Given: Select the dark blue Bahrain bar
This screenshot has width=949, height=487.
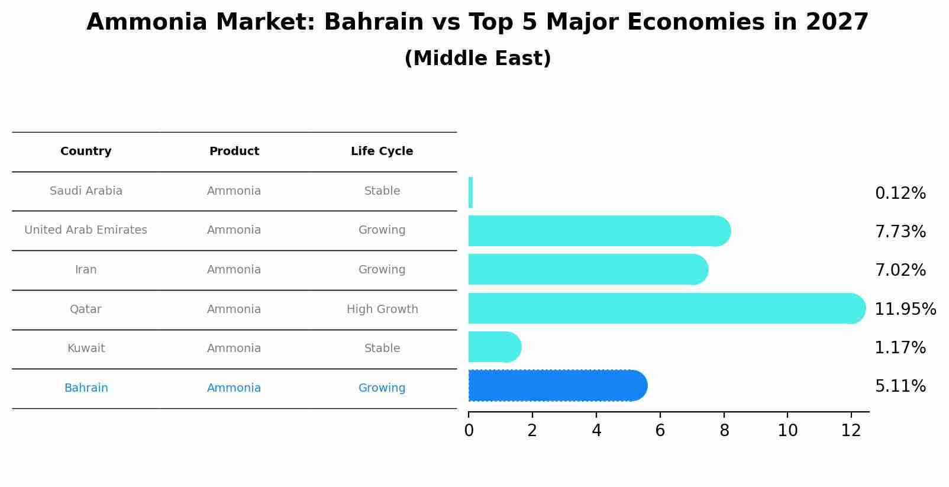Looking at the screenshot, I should pyautogui.click(x=556, y=386).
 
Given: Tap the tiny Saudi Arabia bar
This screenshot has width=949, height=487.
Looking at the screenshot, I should pyautogui.click(x=470, y=192).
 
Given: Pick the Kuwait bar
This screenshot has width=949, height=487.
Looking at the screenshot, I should pyautogui.click(x=494, y=347).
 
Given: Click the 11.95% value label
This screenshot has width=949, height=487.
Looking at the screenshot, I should pyautogui.click(x=905, y=309).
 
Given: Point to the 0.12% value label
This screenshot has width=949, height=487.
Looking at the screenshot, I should pyautogui.click(x=900, y=193).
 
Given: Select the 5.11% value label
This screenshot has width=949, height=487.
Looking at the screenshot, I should pyautogui.click(x=900, y=386).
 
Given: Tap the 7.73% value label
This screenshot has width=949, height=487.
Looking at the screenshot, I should pyautogui.click(x=900, y=232).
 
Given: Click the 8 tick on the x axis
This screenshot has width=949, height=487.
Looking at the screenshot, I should pyautogui.click(x=724, y=431).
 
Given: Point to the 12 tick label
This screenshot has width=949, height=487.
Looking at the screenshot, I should pyautogui.click(x=851, y=431).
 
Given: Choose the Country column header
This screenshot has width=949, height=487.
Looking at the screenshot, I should pyautogui.click(x=86, y=151).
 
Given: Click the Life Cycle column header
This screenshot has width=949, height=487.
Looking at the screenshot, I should pyautogui.click(x=382, y=151).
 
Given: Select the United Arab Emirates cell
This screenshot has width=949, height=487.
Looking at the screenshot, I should pyautogui.click(x=86, y=230).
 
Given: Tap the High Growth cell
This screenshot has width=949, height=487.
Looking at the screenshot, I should pyautogui.click(x=382, y=309).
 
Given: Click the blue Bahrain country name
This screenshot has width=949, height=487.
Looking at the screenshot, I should pyautogui.click(x=86, y=388).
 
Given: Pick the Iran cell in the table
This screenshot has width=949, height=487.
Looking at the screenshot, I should pyautogui.click(x=86, y=270).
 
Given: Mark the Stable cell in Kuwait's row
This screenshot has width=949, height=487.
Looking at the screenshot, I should pyautogui.click(x=382, y=349).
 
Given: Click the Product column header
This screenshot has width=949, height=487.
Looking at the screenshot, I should pyautogui.click(x=234, y=151).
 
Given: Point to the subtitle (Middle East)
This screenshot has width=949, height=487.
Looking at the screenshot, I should pyautogui.click(x=477, y=59).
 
